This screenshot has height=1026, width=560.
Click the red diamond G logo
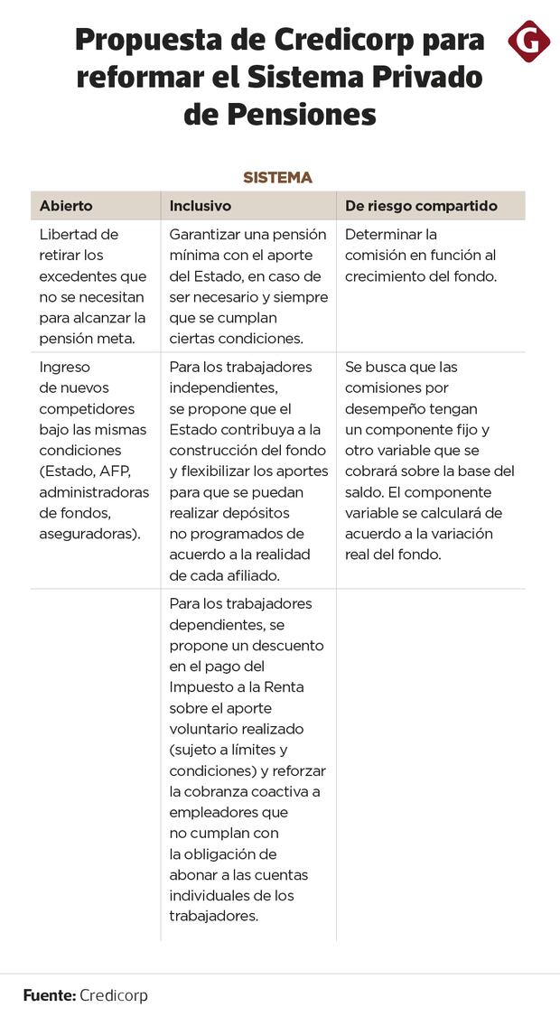point(528,41)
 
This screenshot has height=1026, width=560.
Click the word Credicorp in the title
point(340,41)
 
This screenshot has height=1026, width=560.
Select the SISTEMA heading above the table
point(277,178)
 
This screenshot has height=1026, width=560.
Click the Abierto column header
point(66,206)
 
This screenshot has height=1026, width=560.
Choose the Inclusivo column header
point(201,206)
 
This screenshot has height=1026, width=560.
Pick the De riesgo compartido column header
point(421,206)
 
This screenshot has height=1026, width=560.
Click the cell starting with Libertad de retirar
point(92,286)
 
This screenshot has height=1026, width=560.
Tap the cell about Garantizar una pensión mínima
point(248,286)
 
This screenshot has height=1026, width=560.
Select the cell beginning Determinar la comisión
point(421,256)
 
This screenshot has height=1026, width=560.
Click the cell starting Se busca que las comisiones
point(430,461)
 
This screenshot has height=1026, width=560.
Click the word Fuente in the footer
point(49,995)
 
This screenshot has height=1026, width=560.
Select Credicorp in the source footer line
point(114,995)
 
